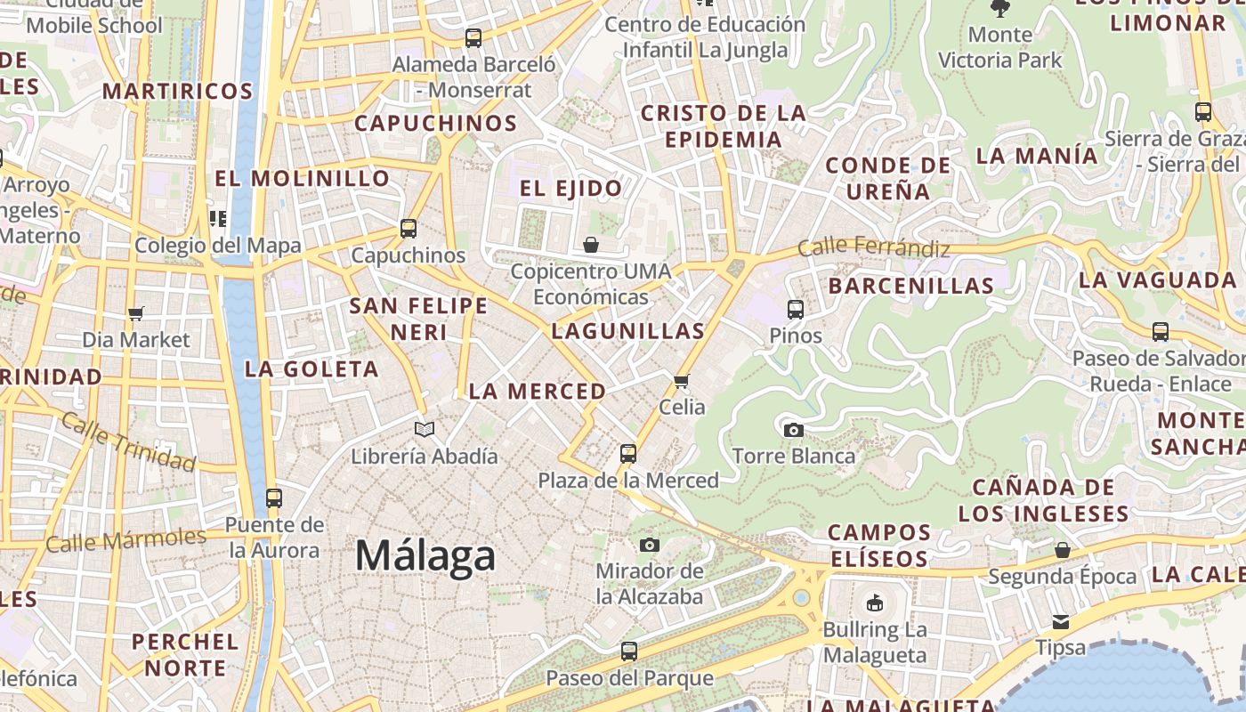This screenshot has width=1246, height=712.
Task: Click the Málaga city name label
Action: (x=425, y=556)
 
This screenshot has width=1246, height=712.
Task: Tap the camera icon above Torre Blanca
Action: (x=793, y=431)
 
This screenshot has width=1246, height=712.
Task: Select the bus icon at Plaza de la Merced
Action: (x=628, y=454)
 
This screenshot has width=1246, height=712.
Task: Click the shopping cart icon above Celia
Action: (x=682, y=382)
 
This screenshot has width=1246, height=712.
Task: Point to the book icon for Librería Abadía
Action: (x=425, y=430)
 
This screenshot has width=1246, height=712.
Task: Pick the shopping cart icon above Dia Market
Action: (x=136, y=313)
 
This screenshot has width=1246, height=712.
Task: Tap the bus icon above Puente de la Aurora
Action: (x=274, y=498)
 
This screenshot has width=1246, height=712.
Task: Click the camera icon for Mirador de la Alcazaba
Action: (x=650, y=545)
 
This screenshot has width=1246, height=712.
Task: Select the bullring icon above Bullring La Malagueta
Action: (x=875, y=603)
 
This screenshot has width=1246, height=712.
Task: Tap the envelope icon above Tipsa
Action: (x=1061, y=621)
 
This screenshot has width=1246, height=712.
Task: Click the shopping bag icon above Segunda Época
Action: (x=1062, y=550)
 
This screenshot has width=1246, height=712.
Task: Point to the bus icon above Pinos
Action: (x=796, y=310)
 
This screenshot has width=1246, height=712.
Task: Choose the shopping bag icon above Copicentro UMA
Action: (x=591, y=245)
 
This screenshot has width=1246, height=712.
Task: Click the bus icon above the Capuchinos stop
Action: (x=409, y=229)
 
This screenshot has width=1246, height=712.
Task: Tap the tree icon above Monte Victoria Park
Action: (x=1000, y=9)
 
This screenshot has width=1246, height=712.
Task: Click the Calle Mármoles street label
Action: (x=125, y=539)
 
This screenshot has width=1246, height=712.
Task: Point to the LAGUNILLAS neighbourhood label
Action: (x=628, y=331)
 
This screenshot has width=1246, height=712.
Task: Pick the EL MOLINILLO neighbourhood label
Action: (x=303, y=178)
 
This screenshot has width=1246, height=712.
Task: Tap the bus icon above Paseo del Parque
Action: (x=629, y=651)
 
